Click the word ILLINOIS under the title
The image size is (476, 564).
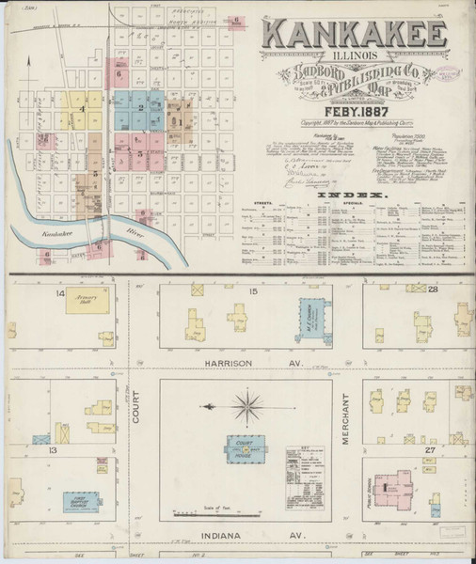(x=354, y=55)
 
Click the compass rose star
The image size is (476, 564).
(x=246, y=407)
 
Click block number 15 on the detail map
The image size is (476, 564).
(x=252, y=294)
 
